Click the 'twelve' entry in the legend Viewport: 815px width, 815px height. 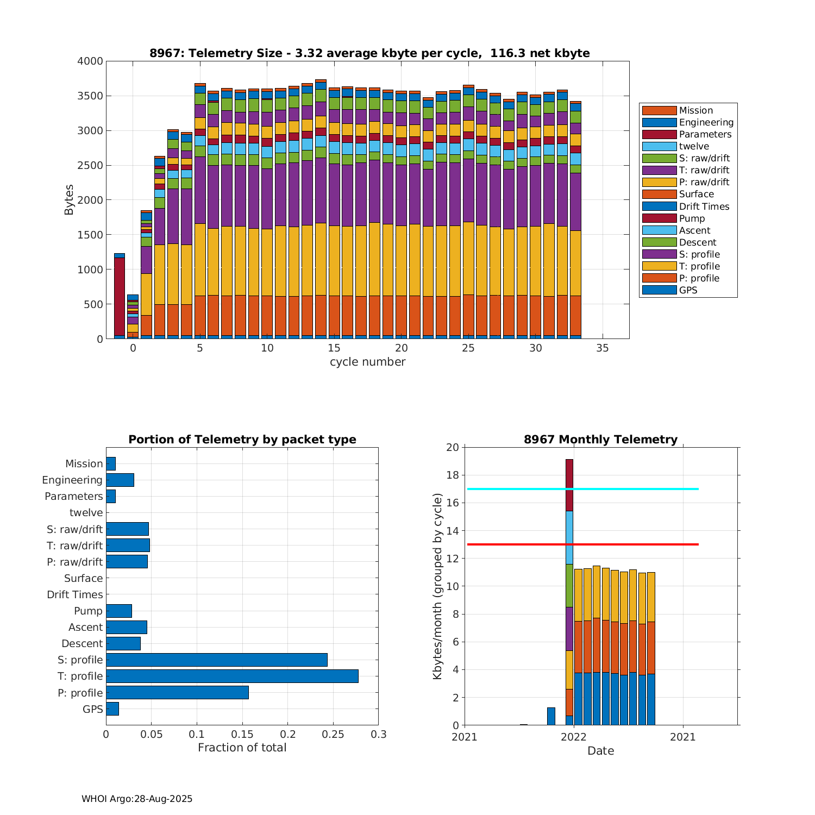click(694, 146)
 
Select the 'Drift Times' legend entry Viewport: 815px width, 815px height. click(704, 206)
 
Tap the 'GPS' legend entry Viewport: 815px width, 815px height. click(688, 290)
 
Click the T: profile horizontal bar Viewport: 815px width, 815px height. click(232, 676)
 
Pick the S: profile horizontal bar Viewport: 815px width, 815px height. click(217, 660)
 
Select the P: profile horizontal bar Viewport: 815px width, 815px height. click(177, 693)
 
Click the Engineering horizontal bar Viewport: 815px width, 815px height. click(120, 480)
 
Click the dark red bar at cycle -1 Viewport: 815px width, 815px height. click(120, 296)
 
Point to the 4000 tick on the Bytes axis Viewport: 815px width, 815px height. click(90, 61)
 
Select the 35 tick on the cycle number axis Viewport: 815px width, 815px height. click(603, 348)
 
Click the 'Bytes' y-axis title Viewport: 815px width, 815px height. click(69, 200)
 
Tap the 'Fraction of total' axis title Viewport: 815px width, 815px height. click(242, 748)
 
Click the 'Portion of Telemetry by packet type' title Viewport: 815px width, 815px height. click(242, 440)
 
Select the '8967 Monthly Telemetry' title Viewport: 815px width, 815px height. click(600, 440)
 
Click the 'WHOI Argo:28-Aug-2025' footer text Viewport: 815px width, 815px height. click(137, 799)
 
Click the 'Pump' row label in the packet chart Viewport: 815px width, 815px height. click(88, 611)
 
